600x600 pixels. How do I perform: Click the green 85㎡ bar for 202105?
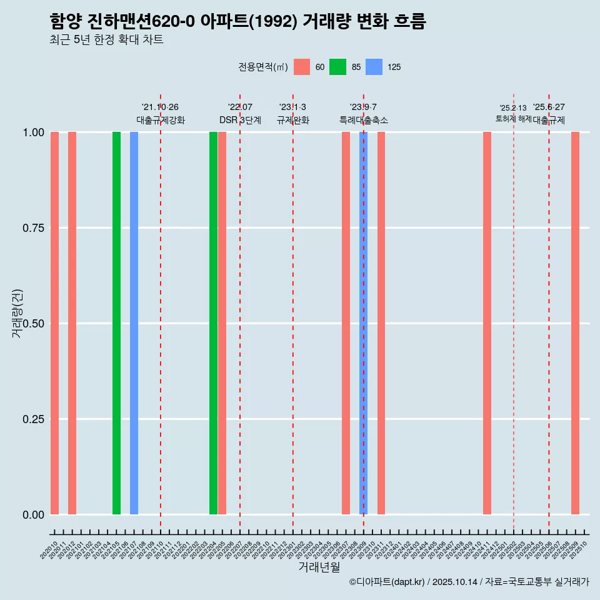coord(116,323)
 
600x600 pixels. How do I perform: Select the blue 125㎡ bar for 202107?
coord(134,323)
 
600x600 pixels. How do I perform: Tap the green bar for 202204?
coord(213,323)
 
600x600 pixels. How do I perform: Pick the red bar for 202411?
coord(487,323)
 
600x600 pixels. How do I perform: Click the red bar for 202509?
coord(575,323)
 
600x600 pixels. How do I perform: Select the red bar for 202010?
coord(54,323)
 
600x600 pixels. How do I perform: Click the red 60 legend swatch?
coord(302,67)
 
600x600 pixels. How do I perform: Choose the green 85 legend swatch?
coord(337,67)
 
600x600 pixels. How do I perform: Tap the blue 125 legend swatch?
coord(374,67)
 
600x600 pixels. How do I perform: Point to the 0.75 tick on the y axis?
coord(34,228)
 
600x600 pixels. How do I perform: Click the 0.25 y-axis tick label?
coord(34,419)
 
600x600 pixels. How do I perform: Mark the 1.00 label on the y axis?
coord(34,132)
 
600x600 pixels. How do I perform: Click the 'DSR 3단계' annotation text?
coord(240,120)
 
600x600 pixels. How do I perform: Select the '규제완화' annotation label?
coord(293,120)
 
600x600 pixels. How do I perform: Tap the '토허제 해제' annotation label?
coord(513,119)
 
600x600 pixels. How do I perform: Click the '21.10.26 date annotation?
coord(160,107)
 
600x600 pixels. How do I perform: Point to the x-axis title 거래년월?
coord(319,567)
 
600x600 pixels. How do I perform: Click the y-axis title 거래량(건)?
coord(17,313)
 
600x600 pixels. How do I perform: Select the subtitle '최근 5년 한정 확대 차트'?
coord(106,40)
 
